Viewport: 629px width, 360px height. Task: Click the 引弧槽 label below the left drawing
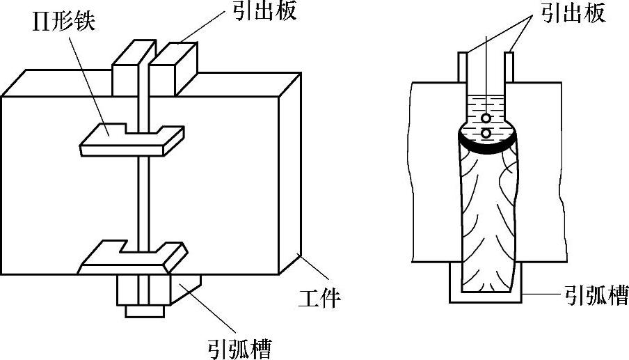(239, 346)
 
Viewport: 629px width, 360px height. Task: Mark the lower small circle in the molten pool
(485, 132)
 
